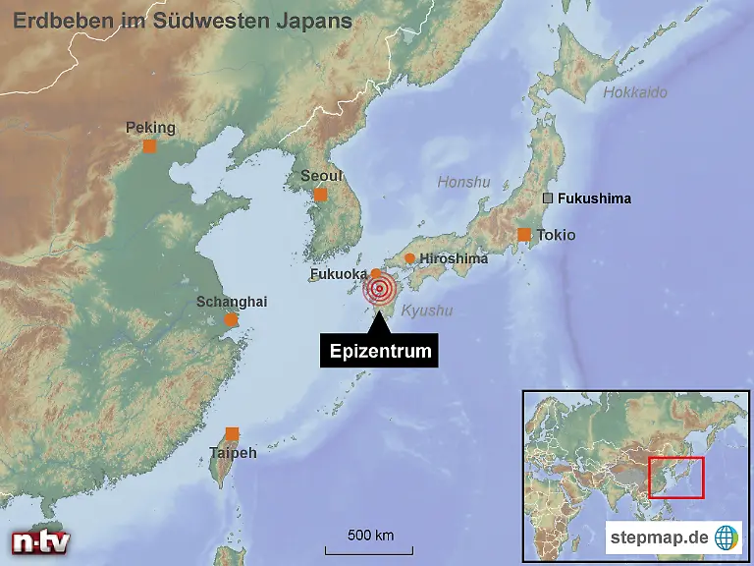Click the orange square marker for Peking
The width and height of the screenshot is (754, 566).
(149, 146)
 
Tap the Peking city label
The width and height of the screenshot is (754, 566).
(150, 128)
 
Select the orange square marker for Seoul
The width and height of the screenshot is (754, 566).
(320, 195)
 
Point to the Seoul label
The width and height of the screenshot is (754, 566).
(321, 176)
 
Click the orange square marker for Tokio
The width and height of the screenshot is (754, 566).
(524, 234)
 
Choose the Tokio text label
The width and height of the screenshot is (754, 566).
(556, 236)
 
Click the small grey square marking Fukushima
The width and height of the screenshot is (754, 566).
(549, 198)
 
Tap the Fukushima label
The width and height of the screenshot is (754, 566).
(594, 198)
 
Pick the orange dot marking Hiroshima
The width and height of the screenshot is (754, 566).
(409, 258)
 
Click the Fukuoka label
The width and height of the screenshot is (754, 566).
(339, 274)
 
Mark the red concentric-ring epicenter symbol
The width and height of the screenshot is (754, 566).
(379, 289)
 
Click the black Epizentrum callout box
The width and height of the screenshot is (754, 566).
(379, 351)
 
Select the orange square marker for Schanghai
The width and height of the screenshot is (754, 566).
(231, 319)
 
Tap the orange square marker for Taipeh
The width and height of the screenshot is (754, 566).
(232, 433)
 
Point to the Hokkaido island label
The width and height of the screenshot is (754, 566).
(634, 92)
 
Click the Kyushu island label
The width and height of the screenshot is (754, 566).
(427, 311)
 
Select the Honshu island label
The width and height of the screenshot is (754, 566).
(463, 182)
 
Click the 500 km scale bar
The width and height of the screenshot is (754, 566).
(370, 541)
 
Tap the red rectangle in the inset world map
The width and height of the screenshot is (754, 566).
(676, 477)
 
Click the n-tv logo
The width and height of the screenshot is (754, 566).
(40, 541)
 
